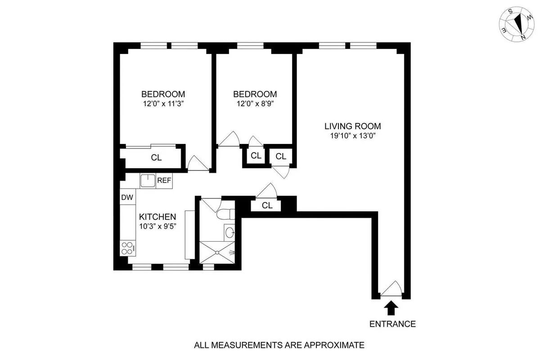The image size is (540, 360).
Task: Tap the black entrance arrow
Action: click(390, 308)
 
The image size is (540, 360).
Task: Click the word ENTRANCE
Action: click(392, 324)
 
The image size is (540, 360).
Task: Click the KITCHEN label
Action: click(157, 217)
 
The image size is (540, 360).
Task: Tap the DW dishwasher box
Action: click(127, 197)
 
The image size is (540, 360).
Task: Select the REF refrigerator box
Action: click(164, 180)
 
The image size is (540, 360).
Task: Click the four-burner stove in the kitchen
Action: click(127, 249)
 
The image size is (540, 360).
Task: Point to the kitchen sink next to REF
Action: click(148, 181)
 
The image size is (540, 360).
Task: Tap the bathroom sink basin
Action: click(229, 233)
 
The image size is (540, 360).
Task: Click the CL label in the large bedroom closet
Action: click(156, 158)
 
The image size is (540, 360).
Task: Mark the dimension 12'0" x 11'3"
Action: click(163, 103)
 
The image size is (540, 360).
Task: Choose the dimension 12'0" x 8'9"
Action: click(255, 103)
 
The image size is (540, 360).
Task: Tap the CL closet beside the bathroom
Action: click(267, 206)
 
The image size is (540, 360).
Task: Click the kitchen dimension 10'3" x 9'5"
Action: click(157, 226)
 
